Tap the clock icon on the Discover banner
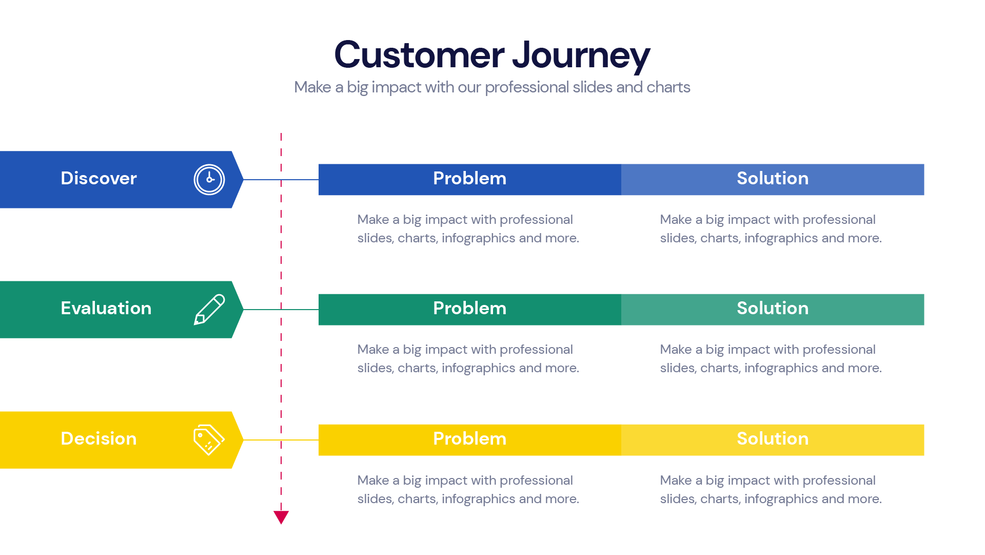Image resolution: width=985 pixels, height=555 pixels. [x=209, y=180]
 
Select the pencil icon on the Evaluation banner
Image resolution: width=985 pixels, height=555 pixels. [x=209, y=310]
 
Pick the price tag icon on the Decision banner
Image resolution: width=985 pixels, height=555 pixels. [x=209, y=440]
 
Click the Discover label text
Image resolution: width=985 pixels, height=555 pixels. [x=98, y=179]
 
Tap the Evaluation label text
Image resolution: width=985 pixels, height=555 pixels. [x=106, y=309]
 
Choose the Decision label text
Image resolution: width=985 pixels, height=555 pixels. [x=98, y=439]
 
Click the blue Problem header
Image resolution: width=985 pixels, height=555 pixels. [x=469, y=179]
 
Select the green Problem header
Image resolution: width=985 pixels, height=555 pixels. [x=469, y=309]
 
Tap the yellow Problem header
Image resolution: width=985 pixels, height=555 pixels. [x=469, y=439]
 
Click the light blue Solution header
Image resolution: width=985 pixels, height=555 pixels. [x=772, y=179]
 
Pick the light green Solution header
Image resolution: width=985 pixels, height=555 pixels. [x=772, y=309]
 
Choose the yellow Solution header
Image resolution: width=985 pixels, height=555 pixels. [x=772, y=439]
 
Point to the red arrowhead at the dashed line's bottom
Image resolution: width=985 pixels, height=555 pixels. [x=281, y=516]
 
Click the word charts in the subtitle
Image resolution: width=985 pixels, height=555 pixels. [x=668, y=87]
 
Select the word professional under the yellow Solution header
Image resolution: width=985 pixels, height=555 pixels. [x=839, y=481]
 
